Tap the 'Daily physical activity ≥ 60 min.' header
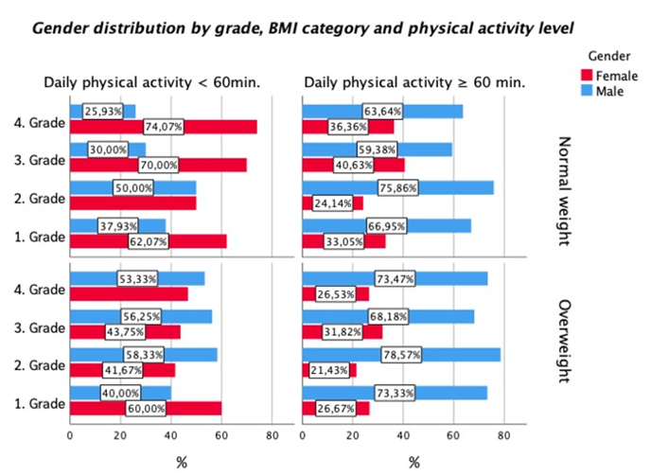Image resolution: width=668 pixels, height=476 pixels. (414, 83)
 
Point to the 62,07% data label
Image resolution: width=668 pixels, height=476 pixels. (146, 241)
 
